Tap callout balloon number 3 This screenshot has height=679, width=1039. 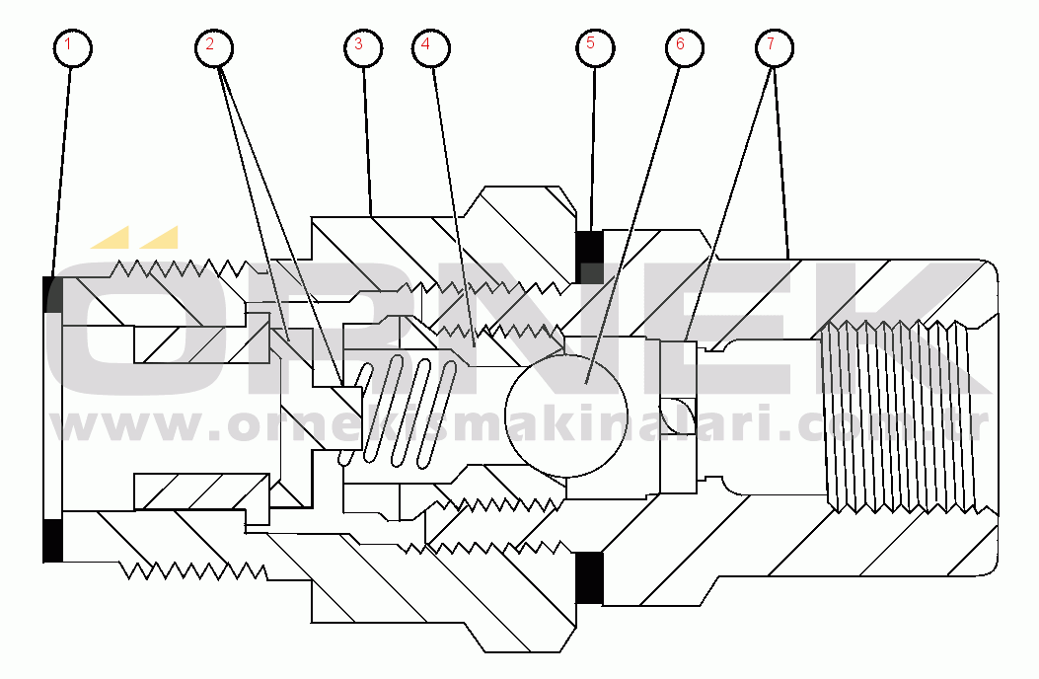pyautogui.click(x=361, y=45)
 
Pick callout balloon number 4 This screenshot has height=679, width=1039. pyautogui.click(x=426, y=45)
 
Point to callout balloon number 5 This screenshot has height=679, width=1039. pyautogui.click(x=593, y=44)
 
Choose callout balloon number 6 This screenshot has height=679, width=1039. pyautogui.click(x=681, y=45)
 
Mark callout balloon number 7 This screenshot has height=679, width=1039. pyautogui.click(x=773, y=45)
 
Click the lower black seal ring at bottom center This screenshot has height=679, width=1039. pyautogui.click(x=589, y=577)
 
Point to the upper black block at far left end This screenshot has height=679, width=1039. pyautogui.click(x=53, y=293)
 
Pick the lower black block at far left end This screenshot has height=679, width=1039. pyautogui.click(x=53, y=538)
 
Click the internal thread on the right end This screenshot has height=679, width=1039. pyautogui.click(x=893, y=415)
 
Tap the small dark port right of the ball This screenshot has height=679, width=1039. pyautogui.click(x=678, y=415)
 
